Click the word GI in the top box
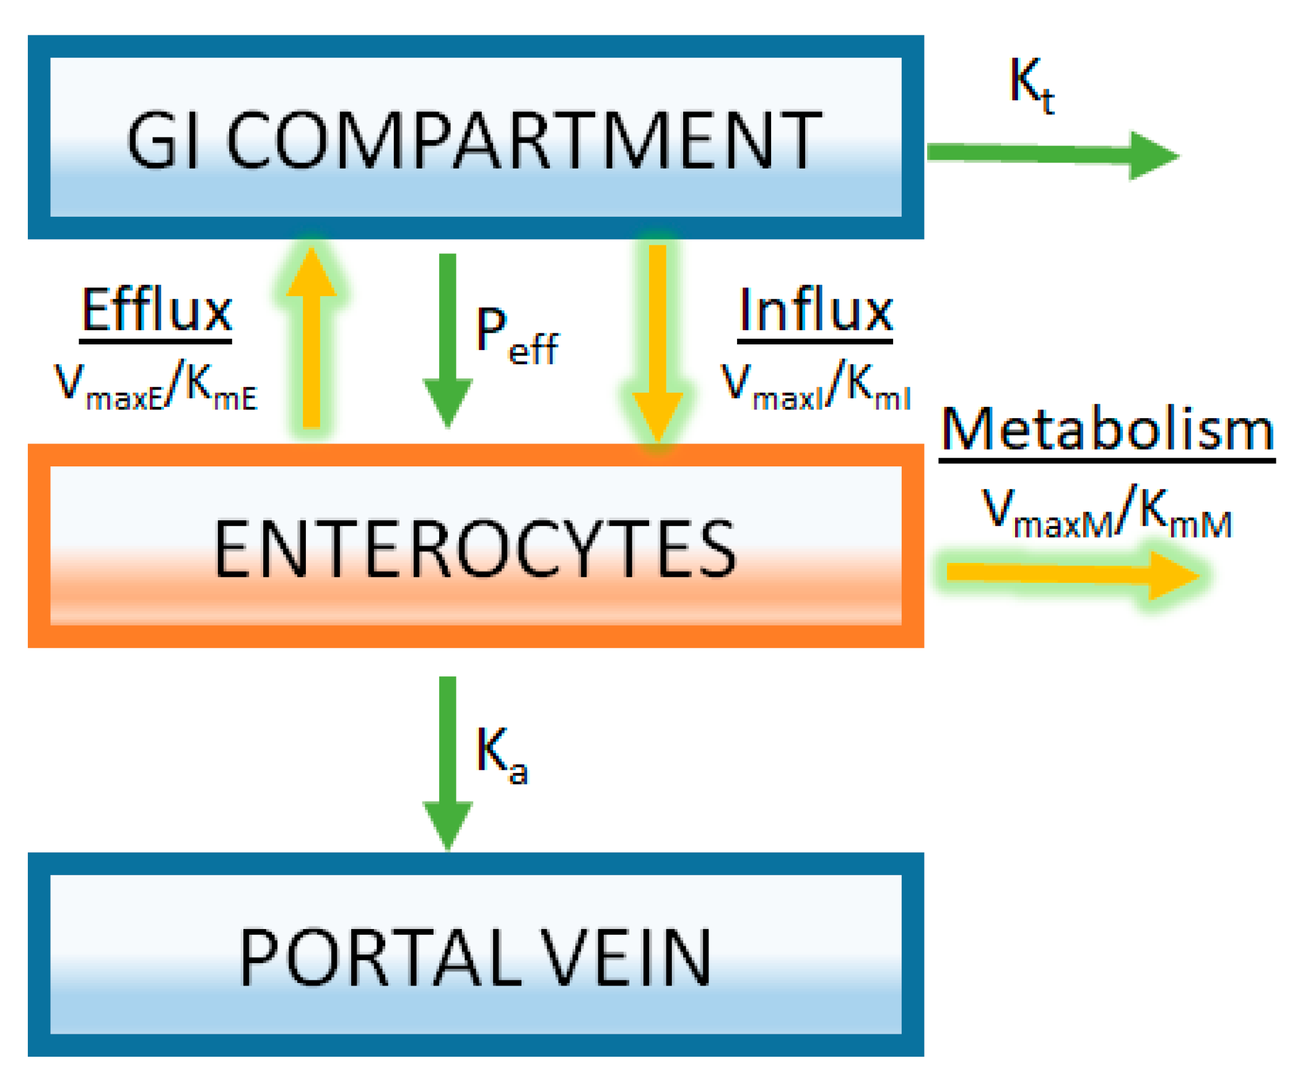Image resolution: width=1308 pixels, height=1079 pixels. (x=163, y=140)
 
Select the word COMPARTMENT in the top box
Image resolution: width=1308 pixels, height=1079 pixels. (x=524, y=140)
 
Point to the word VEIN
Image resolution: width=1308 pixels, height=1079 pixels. (x=624, y=958)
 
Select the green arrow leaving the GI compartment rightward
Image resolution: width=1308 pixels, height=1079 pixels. (x=1050, y=154)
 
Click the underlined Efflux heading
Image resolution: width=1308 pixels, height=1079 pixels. (x=156, y=310)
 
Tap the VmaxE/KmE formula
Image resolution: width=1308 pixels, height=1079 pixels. (x=155, y=386)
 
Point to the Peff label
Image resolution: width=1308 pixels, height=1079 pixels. (x=516, y=336)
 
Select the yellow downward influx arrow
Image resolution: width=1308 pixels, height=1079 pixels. (x=658, y=342)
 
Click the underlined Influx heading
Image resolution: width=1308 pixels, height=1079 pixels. (x=814, y=310)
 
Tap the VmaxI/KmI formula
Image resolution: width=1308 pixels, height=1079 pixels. (x=814, y=386)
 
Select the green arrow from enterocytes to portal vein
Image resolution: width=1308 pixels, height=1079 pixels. (x=447, y=762)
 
